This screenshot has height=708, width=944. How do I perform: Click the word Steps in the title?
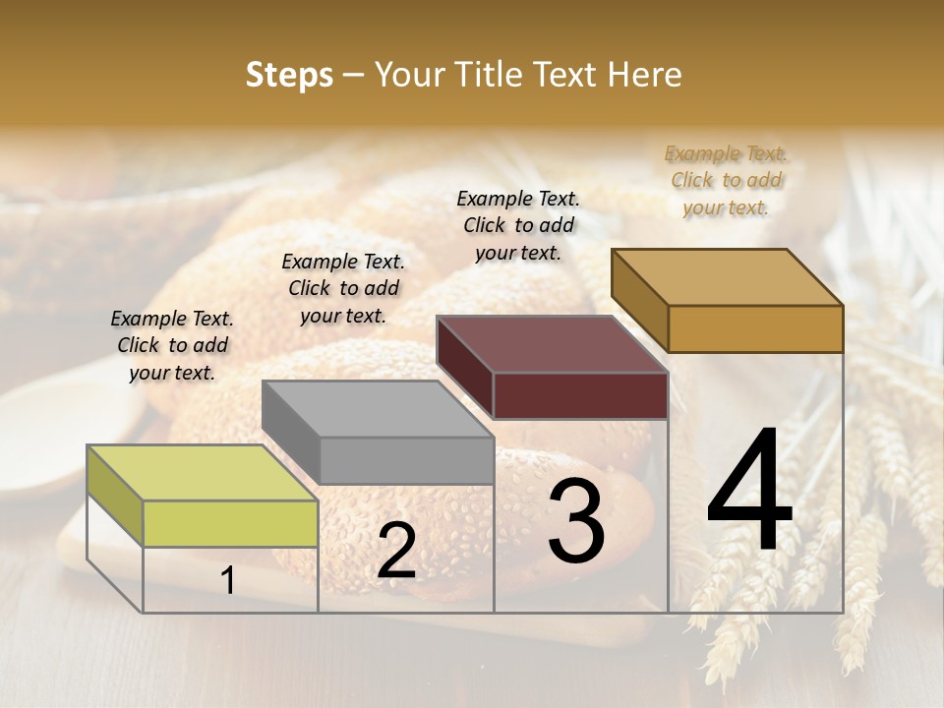click(289, 75)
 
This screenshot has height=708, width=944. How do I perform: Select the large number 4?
click(750, 492)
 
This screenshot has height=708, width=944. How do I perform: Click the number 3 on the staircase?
click(576, 520)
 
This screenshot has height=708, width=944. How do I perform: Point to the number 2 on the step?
click(396, 552)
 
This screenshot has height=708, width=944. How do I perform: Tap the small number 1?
click(228, 581)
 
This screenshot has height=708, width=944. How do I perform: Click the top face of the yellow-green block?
click(202, 473)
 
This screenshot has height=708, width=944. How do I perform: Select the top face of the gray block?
click(378, 409)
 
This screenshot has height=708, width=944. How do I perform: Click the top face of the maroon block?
click(552, 344)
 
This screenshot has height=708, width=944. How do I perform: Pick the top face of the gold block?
click(727, 277)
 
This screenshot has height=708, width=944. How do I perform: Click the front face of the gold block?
click(755, 328)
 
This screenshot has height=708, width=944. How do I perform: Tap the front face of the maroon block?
click(580, 395)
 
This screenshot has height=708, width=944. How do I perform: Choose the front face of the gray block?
click(406, 460)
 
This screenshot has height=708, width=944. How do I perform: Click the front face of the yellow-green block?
click(230, 523)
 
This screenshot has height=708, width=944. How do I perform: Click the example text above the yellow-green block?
click(172, 345)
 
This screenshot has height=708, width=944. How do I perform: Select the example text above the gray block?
click(343, 288)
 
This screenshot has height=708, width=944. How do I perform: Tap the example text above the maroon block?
click(518, 225)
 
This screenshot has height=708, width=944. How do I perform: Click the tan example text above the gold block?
click(726, 180)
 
